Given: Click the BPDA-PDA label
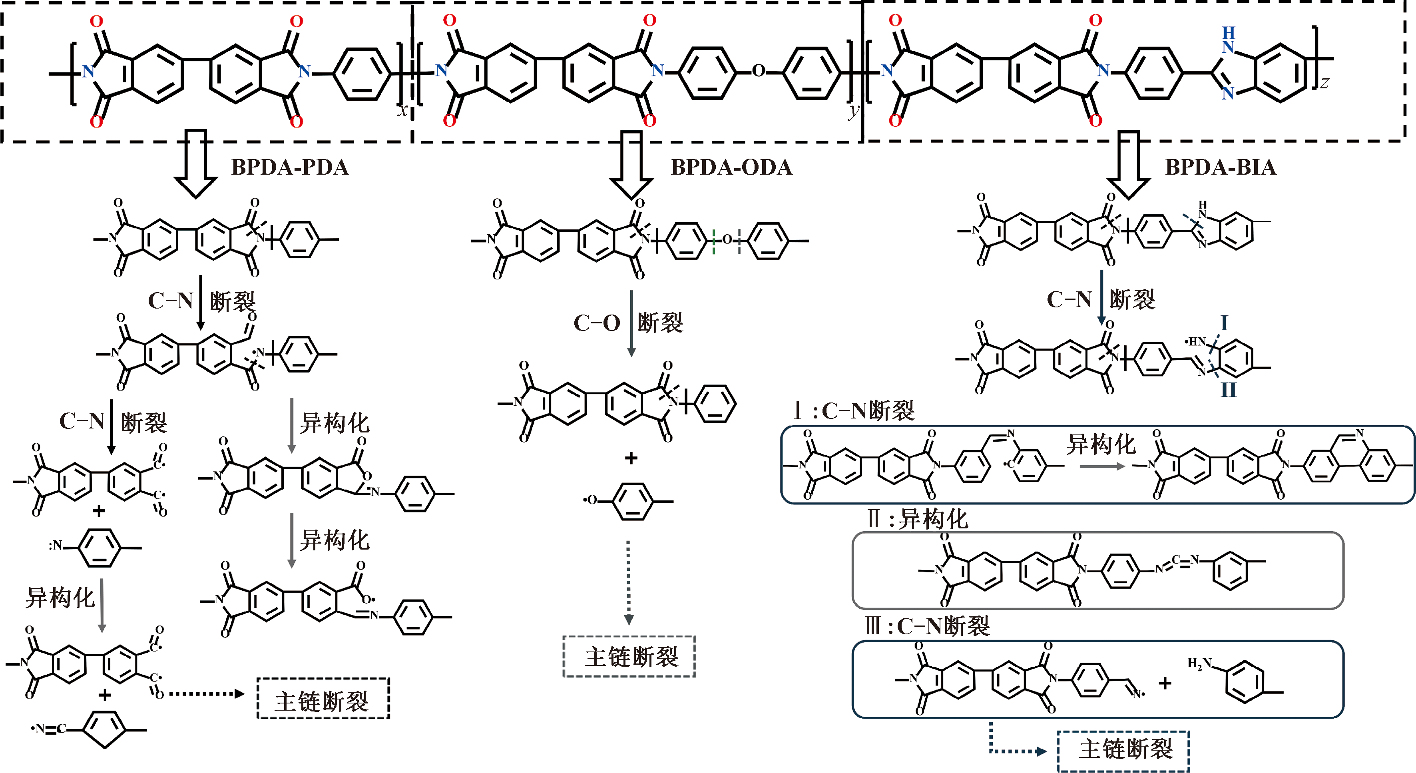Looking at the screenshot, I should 290,167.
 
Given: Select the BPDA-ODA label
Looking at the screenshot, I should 731,167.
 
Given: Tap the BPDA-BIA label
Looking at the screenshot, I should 1220,167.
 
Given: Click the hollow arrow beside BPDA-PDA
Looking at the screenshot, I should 195,164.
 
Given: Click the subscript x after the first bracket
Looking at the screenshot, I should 403,110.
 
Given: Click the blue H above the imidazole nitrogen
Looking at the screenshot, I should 1229,32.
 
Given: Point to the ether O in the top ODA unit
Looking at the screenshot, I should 758,71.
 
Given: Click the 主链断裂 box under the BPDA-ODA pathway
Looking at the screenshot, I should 629,656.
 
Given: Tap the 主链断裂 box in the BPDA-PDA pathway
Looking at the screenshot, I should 323,699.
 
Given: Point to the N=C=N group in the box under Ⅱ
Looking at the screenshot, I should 1176,564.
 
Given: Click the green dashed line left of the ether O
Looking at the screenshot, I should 713,240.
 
